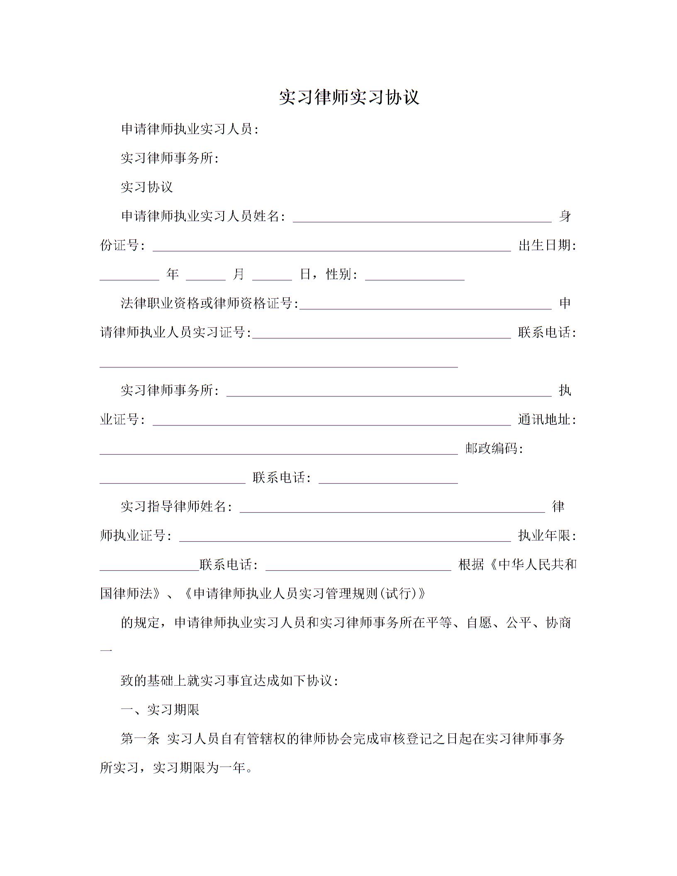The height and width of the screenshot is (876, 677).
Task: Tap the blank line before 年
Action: click(x=129, y=276)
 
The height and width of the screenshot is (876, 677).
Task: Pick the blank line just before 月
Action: click(x=205, y=276)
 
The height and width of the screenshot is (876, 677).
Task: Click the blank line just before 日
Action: click(x=272, y=276)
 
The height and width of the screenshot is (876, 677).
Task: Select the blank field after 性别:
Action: click(x=414, y=276)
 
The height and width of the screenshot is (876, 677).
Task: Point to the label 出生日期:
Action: click(x=547, y=246)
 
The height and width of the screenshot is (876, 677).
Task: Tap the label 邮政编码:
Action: click(x=494, y=449)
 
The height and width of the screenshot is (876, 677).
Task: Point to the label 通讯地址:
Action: click(x=547, y=420)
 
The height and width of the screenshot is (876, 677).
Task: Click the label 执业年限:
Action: click(x=547, y=536)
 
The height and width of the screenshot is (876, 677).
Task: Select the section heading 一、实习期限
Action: click(x=160, y=710)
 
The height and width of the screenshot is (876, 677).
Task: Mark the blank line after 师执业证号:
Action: click(x=345, y=537)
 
